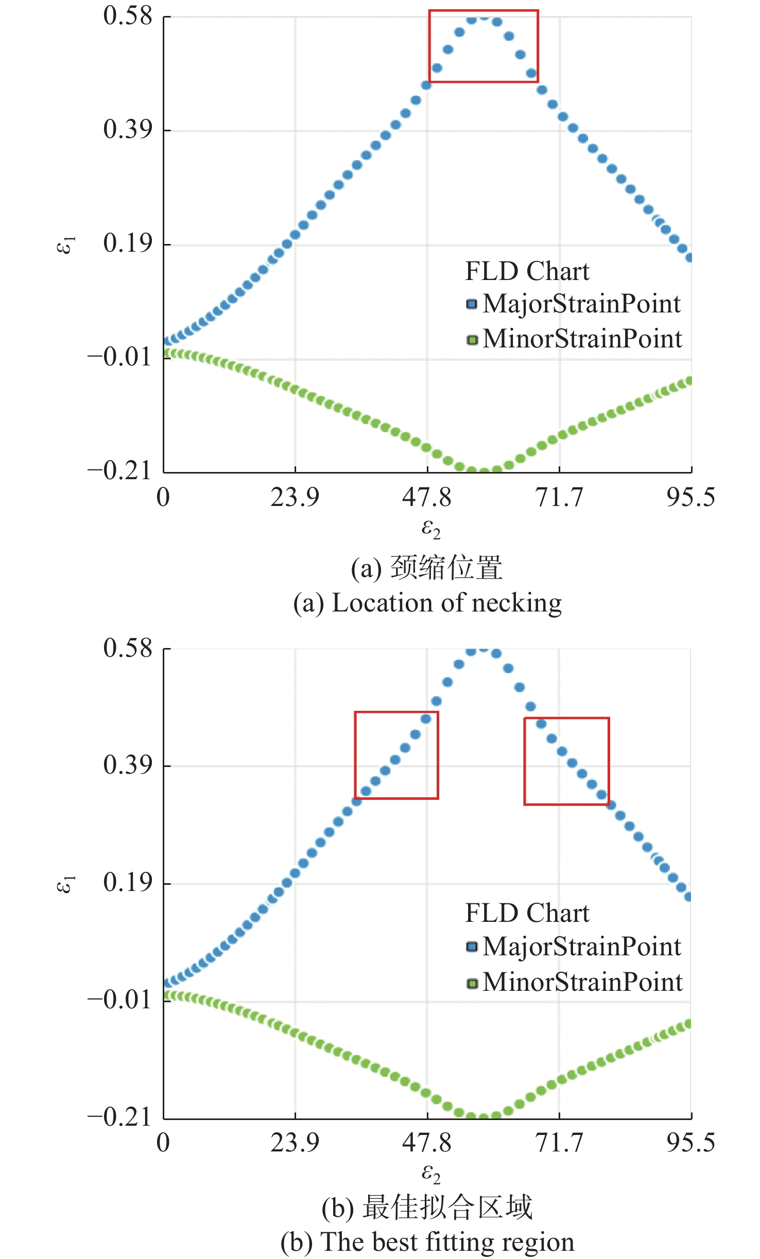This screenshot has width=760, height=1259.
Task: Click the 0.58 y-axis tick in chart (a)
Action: [x=128, y=15]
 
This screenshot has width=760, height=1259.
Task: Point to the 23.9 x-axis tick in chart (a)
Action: [x=295, y=497]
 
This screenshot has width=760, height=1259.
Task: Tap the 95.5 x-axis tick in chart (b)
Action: [x=690, y=1143]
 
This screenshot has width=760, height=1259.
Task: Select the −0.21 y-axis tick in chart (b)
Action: [x=119, y=1117]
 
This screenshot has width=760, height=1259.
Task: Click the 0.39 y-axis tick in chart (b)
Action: [x=128, y=765]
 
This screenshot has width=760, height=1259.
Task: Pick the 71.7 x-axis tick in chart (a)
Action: [x=559, y=497]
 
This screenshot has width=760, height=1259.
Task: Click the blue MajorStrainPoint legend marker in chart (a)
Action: [x=472, y=304]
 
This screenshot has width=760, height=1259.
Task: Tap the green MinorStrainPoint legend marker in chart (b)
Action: [x=472, y=984]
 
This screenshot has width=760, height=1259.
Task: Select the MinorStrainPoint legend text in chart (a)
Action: [x=582, y=339]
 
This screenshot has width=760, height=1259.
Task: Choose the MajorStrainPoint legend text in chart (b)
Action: [x=582, y=947]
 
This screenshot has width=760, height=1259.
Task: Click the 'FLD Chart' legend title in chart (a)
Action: [x=527, y=271]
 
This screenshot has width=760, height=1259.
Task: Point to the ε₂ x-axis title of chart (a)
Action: [x=430, y=528]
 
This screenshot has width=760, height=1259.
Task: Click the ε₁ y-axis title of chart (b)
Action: [x=65, y=884]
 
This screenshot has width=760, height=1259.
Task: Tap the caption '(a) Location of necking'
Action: [x=427, y=603]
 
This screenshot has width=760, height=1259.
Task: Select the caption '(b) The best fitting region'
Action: [x=427, y=1241]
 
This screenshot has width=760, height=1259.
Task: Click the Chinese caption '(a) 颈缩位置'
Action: [x=427, y=568]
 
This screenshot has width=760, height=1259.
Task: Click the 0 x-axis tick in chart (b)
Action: [x=163, y=1143]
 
